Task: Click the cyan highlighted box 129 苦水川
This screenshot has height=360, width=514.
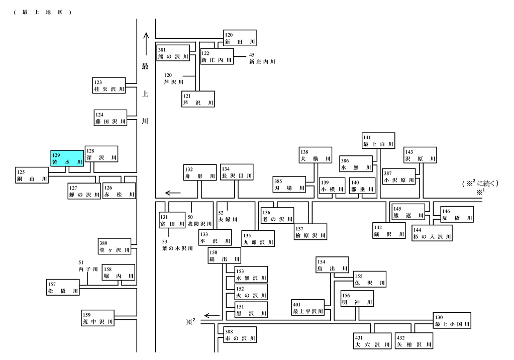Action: [x=67, y=158]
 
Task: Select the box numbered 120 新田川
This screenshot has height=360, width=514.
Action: [x=240, y=38]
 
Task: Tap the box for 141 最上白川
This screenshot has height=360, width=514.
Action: [x=378, y=141]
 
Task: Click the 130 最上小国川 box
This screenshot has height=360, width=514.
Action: [x=452, y=321]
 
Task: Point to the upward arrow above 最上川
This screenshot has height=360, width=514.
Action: [x=146, y=44]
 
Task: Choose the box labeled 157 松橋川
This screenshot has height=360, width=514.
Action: [x=63, y=288]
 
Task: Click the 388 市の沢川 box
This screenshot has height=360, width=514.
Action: [x=240, y=335]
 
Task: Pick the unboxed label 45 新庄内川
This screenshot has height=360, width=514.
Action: [x=262, y=58]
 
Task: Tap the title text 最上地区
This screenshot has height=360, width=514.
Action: [x=43, y=13]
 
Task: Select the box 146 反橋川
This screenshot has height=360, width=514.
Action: [x=457, y=215]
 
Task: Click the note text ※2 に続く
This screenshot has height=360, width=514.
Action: [x=480, y=184]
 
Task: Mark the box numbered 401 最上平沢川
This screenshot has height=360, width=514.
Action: [x=308, y=308]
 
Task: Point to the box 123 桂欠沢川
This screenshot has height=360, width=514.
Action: [x=109, y=85]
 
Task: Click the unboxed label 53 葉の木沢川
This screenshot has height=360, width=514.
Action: [x=177, y=245]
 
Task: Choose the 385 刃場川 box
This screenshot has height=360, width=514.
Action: [x=289, y=185]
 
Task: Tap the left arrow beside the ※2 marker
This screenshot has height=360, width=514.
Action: [x=212, y=316]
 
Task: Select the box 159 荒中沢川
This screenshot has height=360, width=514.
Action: [x=97, y=318]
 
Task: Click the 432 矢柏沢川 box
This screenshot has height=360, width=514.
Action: [x=414, y=341]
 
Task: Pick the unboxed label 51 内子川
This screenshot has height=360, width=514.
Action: [x=88, y=266]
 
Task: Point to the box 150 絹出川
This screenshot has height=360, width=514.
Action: [x=225, y=256]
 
